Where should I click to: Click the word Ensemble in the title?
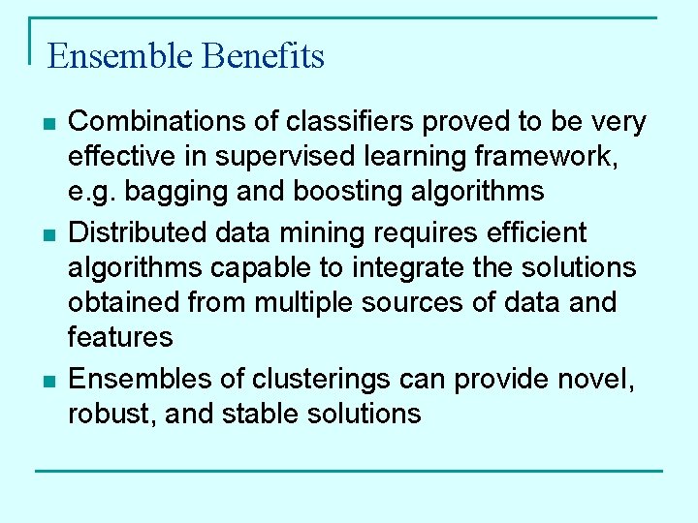click(120, 56)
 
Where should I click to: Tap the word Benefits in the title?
click(263, 56)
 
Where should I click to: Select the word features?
click(119, 337)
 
